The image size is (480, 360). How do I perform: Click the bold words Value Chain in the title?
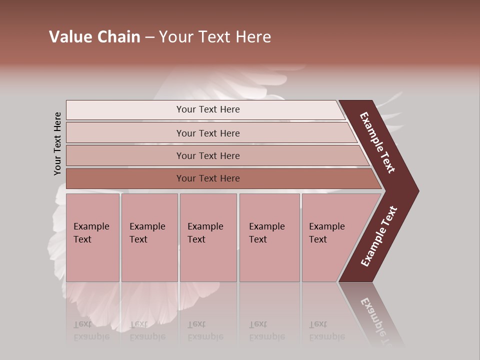tap(94, 37)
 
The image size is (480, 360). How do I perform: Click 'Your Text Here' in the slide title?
tap(215, 37)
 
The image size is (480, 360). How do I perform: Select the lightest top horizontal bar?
tap(125, 110)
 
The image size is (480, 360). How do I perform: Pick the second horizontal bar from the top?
tap(125, 133)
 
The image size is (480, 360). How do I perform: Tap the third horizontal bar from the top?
tap(125, 155)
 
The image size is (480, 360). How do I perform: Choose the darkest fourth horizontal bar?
tap(125, 178)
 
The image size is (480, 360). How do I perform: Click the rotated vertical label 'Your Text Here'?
tap(57, 143)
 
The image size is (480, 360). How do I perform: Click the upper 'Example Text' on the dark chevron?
tap(377, 142)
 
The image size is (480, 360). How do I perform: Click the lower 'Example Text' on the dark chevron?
tap(379, 236)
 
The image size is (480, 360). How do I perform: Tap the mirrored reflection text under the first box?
tap(91, 330)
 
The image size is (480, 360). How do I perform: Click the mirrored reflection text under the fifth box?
tap(326, 330)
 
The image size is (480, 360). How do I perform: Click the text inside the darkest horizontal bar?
tap(208, 178)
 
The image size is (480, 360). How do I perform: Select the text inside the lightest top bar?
tap(208, 109)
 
